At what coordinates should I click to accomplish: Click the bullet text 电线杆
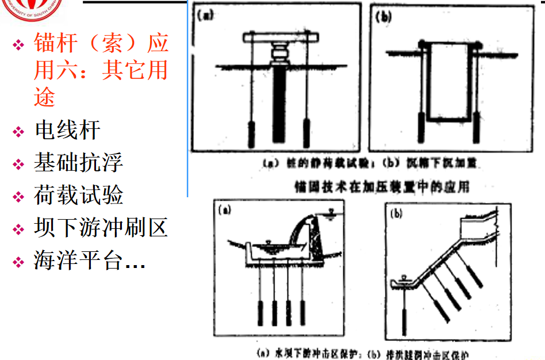click(67, 131)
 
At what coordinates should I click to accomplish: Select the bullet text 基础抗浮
click(78, 163)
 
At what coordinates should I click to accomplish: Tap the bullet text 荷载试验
click(78, 196)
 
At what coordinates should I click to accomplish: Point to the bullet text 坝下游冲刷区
click(101, 228)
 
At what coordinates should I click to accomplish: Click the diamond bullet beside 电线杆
click(20, 132)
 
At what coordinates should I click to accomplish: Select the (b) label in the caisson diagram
click(383, 17)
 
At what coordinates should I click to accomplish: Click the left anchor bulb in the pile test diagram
click(252, 133)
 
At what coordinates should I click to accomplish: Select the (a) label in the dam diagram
click(224, 210)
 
